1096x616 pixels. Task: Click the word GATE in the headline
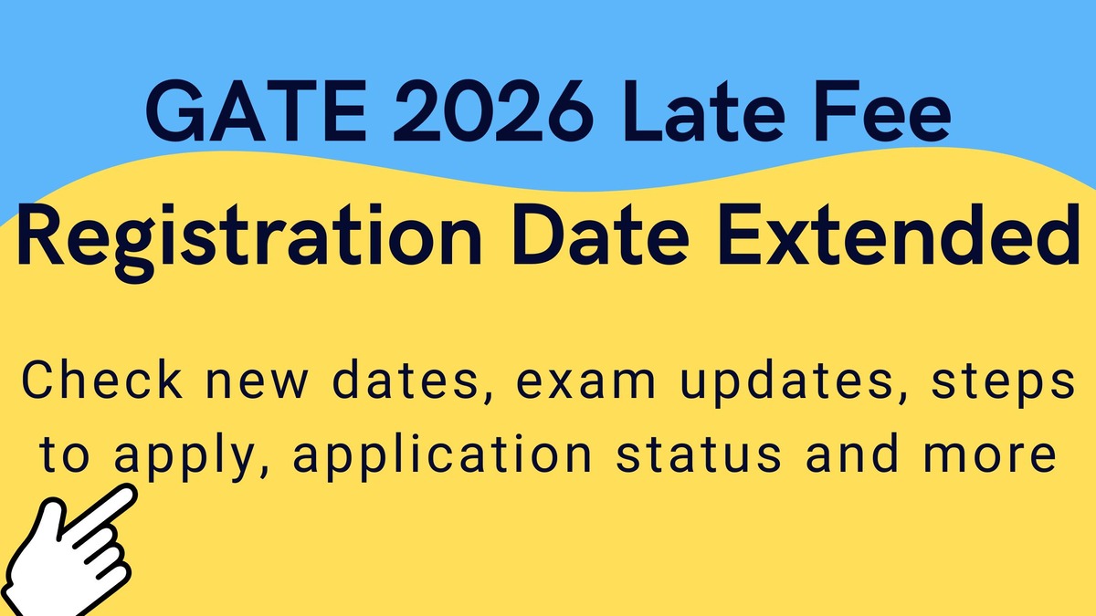click(257, 111)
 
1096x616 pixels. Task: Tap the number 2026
click(494, 111)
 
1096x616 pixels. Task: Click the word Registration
click(250, 239)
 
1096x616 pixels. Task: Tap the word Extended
click(899, 235)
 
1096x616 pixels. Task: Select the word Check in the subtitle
click(102, 381)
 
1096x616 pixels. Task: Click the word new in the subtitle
click(258, 385)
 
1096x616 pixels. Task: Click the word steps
click(1004, 385)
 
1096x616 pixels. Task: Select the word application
click(443, 458)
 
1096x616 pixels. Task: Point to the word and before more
click(852, 454)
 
